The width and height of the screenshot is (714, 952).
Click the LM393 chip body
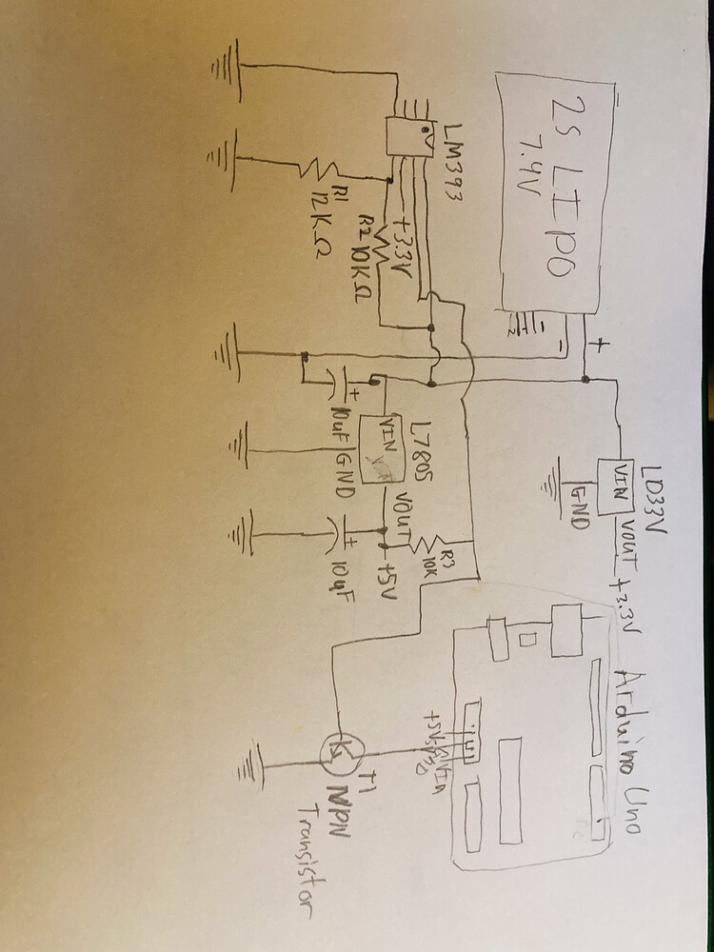pyautogui.click(x=406, y=139)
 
